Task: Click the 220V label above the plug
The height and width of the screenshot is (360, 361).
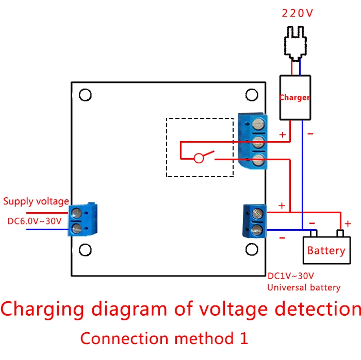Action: (x=297, y=13)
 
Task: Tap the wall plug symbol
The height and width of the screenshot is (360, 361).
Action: (x=296, y=43)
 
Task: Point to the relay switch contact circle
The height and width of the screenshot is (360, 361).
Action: (x=199, y=158)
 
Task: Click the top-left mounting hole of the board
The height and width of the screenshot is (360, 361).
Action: (x=85, y=95)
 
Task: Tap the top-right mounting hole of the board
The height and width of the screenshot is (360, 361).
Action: (x=252, y=95)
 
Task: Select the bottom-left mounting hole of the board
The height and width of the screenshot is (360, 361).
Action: (x=85, y=250)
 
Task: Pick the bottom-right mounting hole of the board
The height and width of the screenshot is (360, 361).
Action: (x=252, y=249)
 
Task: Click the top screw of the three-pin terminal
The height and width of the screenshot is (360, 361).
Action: (x=258, y=124)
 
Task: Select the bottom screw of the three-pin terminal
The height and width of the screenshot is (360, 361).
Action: (x=258, y=160)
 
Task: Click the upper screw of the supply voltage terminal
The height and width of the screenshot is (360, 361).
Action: (x=77, y=213)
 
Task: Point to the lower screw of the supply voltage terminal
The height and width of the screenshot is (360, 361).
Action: (x=77, y=229)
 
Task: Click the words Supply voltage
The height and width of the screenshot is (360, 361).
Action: (x=36, y=201)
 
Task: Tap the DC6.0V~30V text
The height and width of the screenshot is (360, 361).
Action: (x=35, y=221)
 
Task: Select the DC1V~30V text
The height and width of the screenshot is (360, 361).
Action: (x=291, y=276)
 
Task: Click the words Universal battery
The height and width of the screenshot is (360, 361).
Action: (x=304, y=287)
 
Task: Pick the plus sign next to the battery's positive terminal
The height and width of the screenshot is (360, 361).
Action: (x=348, y=224)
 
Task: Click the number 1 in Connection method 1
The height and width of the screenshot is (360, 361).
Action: (x=244, y=338)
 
